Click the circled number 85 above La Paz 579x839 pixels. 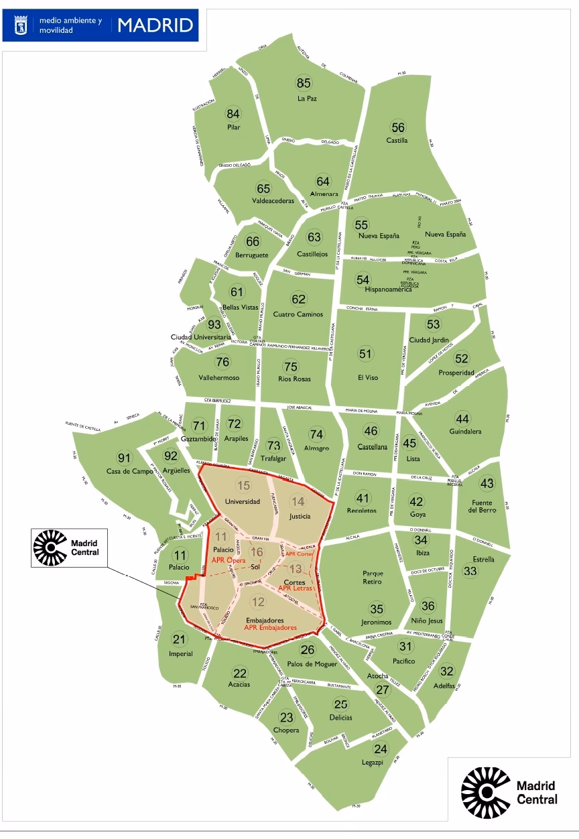coord(304,83)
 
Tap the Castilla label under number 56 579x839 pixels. coord(397,141)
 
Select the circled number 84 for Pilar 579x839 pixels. coord(233,113)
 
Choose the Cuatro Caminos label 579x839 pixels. coord(298,314)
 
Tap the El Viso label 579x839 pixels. coord(368,377)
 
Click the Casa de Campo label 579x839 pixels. coord(125,471)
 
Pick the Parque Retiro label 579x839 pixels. coord(372,578)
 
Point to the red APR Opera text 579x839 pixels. coord(228,560)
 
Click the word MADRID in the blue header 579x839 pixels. coord(155,25)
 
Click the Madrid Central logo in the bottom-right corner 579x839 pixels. coord(509,794)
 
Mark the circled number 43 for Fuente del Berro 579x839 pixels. coord(487,483)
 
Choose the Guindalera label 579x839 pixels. coord(465,432)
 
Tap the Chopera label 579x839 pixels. coord(286,730)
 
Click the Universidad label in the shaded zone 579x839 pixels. coord(242,501)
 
